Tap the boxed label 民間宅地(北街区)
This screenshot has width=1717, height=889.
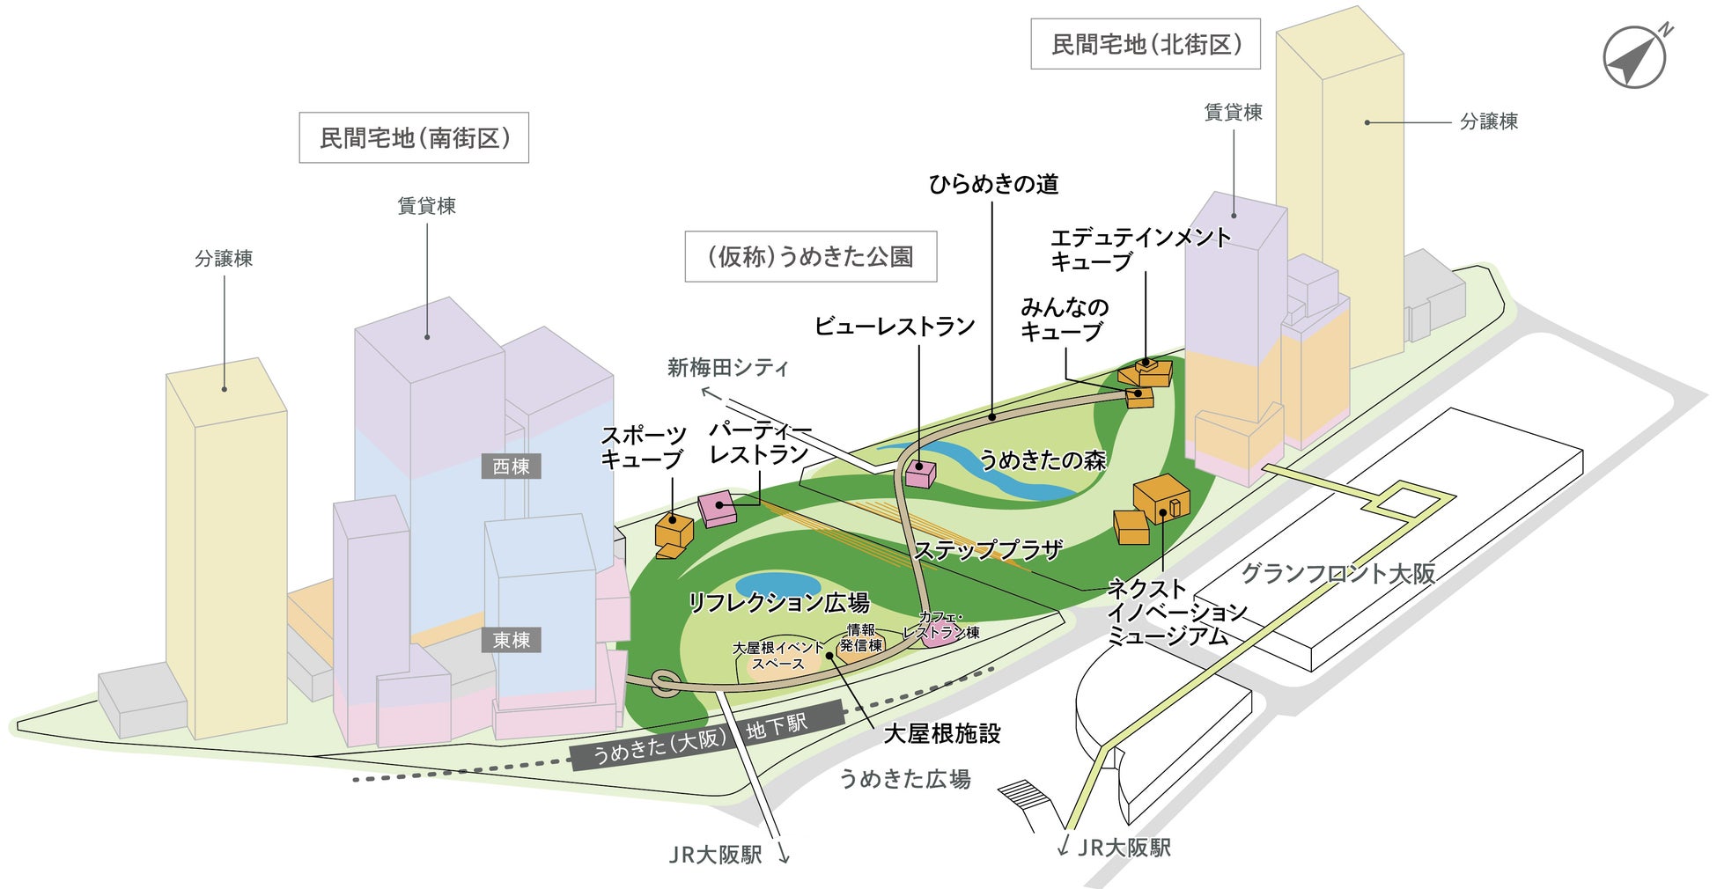click(1146, 44)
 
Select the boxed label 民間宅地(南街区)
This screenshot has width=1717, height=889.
click(414, 138)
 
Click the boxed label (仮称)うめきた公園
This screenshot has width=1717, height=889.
click(810, 256)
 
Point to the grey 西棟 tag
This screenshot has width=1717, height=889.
click(511, 467)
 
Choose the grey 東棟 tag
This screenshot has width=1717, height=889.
click(511, 640)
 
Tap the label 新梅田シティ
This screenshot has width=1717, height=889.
click(727, 367)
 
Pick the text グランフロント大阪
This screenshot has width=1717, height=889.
click(1337, 573)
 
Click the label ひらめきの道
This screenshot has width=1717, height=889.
click(993, 184)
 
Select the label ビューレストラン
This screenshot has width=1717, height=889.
click(895, 326)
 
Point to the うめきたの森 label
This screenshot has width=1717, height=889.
click(1042, 459)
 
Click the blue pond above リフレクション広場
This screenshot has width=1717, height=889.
click(777, 584)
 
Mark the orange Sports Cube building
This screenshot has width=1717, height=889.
click(674, 532)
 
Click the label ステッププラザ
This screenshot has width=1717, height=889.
click(988, 551)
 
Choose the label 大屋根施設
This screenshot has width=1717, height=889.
click(941, 733)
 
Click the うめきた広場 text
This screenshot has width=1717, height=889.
click(904, 779)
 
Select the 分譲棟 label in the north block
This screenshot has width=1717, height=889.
click(1488, 121)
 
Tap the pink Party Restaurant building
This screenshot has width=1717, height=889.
click(718, 508)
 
